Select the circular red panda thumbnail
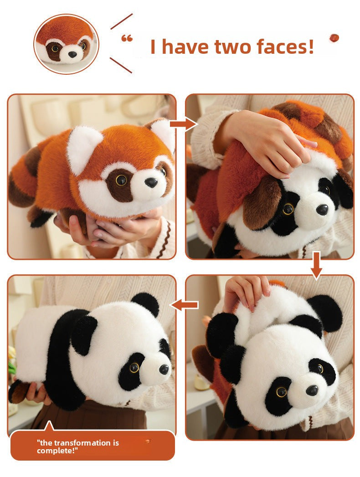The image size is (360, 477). click(66, 44)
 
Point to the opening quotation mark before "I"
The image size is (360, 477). click(127, 39)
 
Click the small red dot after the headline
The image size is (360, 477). click(334, 37)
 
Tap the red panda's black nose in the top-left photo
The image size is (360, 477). click(151, 183)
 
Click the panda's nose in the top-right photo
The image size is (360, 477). click(322, 209)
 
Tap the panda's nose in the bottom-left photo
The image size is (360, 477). click(164, 369)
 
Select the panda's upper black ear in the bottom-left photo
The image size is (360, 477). click(145, 303)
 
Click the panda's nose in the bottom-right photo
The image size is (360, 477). click(312, 390)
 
